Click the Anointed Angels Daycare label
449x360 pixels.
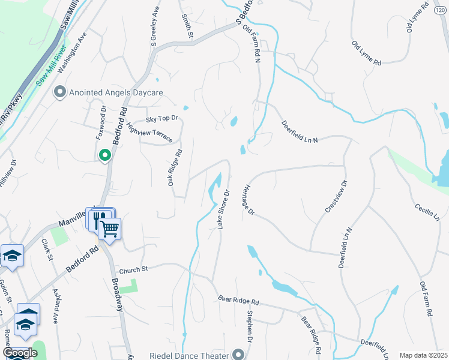[116, 93]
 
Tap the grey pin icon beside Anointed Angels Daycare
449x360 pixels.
[59, 92]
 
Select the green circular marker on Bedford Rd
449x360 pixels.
[105, 156]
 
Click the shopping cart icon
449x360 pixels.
[109, 229]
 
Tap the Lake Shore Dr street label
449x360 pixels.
[224, 209]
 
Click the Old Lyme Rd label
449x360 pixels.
[367, 53]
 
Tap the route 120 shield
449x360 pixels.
[441, 10]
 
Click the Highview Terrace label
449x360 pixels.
[149, 133]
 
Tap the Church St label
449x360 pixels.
[133, 270]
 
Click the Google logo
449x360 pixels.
[20, 353]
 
